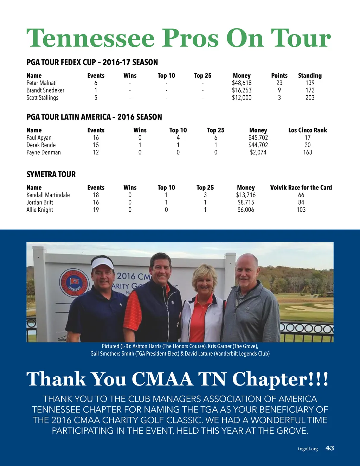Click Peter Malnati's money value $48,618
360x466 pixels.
242,83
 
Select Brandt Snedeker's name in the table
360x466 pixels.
45,90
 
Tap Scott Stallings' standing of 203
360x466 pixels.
310,98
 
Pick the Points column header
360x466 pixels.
279,76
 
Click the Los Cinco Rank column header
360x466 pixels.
308,130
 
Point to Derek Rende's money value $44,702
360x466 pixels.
258,145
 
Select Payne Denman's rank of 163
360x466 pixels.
308,152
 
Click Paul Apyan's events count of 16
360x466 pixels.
96,138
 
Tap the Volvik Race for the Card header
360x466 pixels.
301,187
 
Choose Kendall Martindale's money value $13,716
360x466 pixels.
246,195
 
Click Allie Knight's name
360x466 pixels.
40,210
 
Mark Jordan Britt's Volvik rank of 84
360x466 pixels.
301,202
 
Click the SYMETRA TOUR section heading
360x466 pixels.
51,174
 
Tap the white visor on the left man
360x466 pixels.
102,263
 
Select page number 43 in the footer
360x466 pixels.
330,448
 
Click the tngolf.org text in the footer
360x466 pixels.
308,449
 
